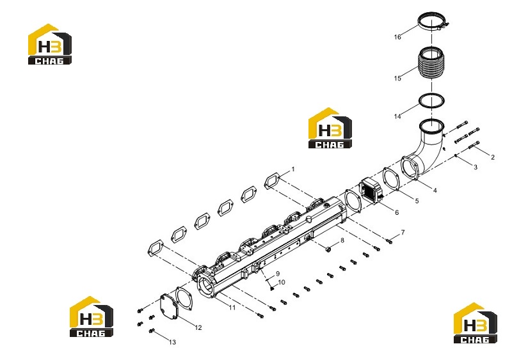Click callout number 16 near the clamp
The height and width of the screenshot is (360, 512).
pos(397,37)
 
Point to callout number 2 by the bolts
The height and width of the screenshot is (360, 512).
pos(493,157)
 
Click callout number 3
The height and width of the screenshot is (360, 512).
pos(476,167)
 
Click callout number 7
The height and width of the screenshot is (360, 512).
pos(403,232)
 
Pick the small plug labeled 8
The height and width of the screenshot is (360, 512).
pos(328,249)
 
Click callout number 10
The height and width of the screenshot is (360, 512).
pos(282,282)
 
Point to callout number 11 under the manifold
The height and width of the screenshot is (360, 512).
pos(232,308)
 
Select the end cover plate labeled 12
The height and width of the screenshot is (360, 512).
pos(170,306)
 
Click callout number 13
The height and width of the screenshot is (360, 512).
pos(172,342)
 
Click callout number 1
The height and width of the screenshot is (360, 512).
pos(293,169)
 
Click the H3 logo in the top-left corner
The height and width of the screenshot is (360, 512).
pos(50,44)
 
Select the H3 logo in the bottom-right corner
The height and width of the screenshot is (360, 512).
pos(476,323)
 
